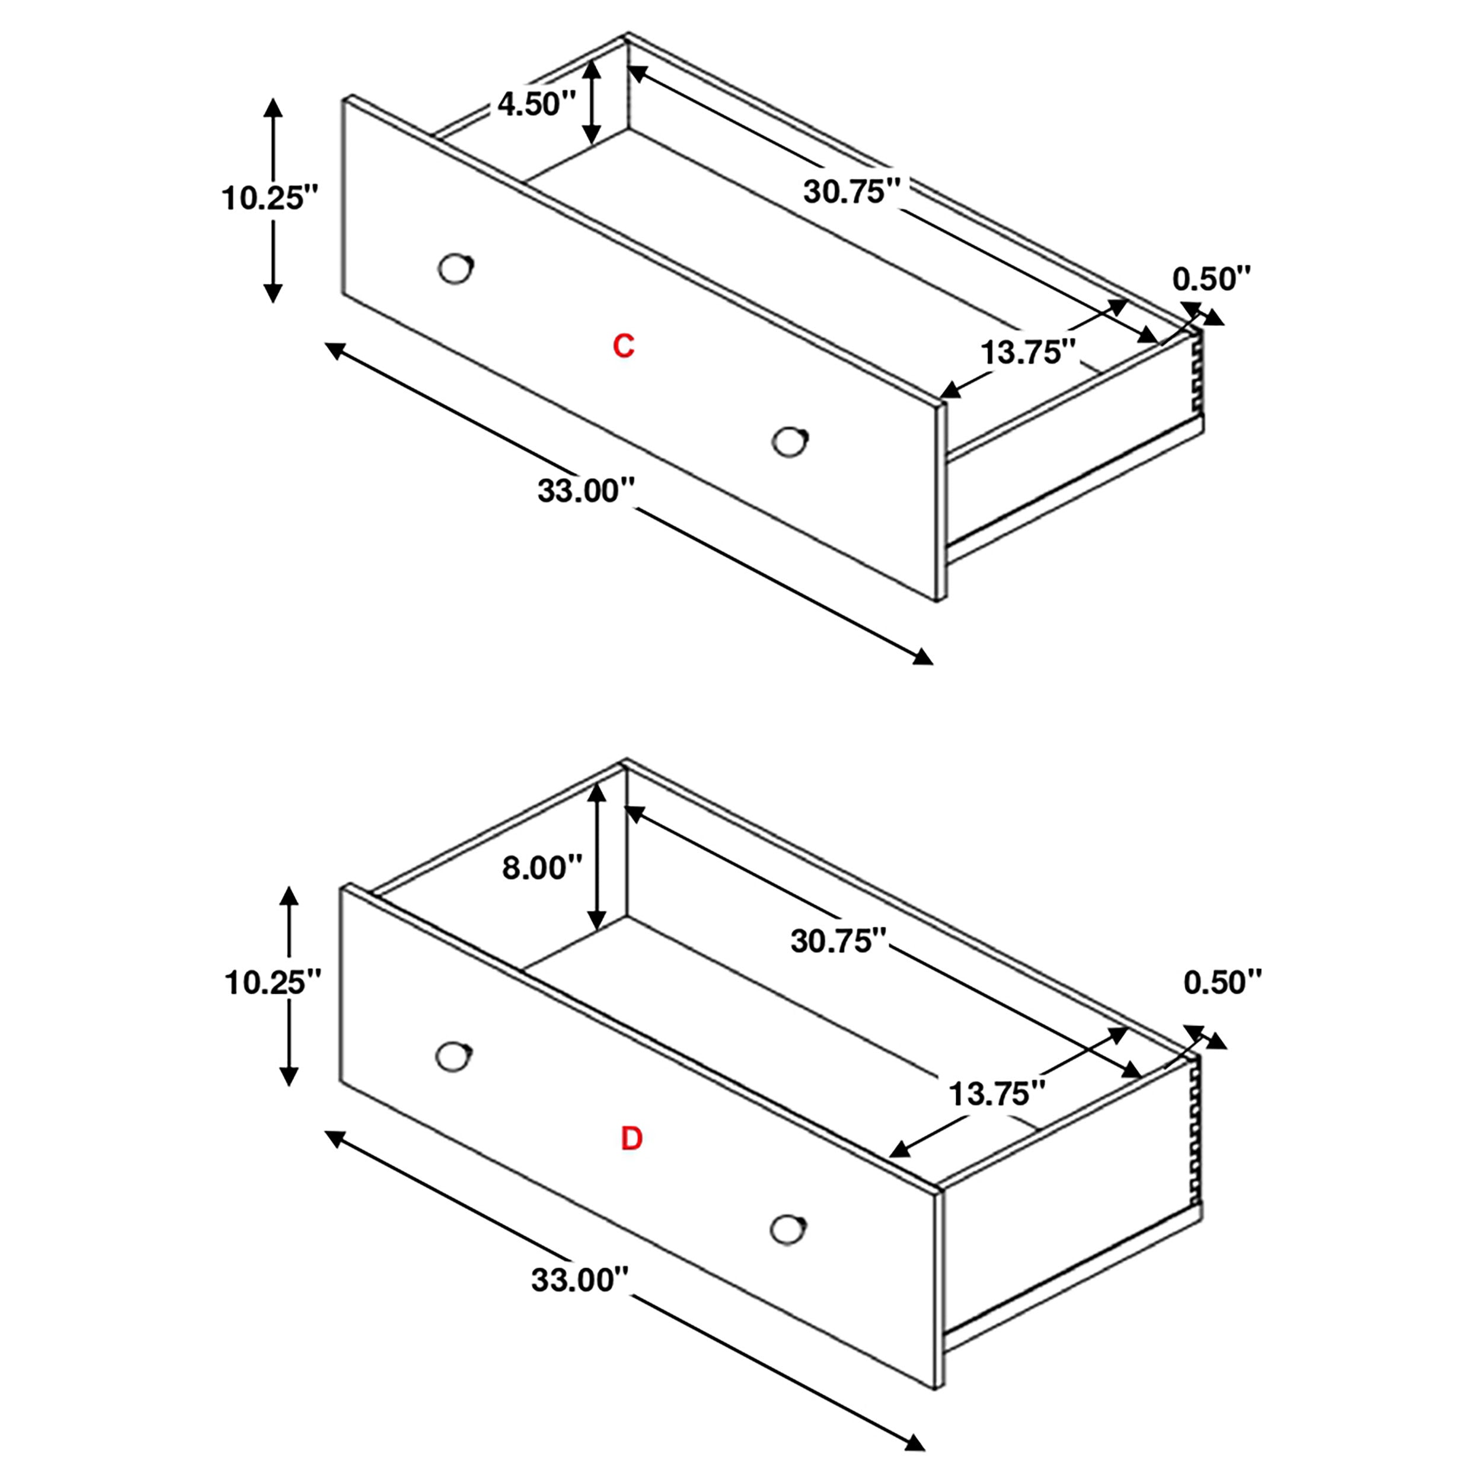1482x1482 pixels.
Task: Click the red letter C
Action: tap(623, 347)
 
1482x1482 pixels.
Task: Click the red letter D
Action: tap(631, 1139)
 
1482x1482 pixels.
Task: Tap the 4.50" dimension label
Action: tap(536, 104)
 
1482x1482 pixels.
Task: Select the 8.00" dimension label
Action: tap(542, 868)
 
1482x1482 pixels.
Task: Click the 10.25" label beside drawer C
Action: tap(269, 199)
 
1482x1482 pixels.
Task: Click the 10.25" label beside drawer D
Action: tap(272, 983)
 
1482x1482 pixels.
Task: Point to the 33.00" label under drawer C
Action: tap(587, 490)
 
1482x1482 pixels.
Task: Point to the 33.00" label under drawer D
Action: tap(580, 1279)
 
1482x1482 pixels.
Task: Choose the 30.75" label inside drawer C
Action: tap(851, 191)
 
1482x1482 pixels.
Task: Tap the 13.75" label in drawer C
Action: tap(1029, 353)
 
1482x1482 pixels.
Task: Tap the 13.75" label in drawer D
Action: tap(997, 1094)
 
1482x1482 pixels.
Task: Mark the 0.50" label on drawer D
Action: tap(1222, 983)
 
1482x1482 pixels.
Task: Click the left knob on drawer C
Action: tap(455, 269)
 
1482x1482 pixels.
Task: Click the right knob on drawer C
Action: tap(790, 441)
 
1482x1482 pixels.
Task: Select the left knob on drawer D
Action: tap(452, 1056)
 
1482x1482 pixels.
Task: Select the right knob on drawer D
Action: tap(787, 1229)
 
